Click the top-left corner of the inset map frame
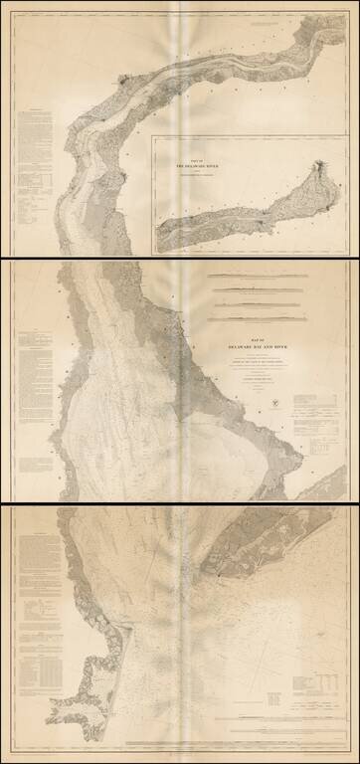(152, 138)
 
